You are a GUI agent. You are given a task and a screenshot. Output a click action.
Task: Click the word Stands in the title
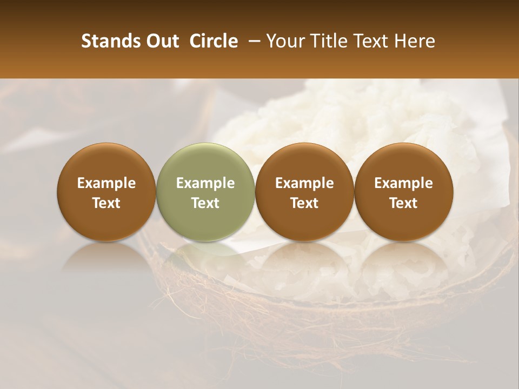[x=110, y=41]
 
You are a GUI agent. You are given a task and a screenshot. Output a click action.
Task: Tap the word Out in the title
[x=162, y=41]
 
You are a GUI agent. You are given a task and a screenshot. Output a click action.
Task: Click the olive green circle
[x=205, y=192]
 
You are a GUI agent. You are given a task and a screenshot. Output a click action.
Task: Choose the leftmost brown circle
[x=107, y=192]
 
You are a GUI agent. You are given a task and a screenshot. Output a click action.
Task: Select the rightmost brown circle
[x=403, y=192]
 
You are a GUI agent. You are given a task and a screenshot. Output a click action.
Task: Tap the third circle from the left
[x=304, y=192]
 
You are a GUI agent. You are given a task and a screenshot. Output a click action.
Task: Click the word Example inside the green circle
[x=205, y=183]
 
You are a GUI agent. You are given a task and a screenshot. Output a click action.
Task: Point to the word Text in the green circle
[x=205, y=203]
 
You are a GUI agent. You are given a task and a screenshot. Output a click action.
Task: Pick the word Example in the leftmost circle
[x=107, y=183]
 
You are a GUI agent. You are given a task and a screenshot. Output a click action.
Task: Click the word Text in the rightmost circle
[x=403, y=203]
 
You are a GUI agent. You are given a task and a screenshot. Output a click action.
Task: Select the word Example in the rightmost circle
[x=403, y=183]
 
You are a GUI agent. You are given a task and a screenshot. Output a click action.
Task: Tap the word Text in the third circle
[x=304, y=203]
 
